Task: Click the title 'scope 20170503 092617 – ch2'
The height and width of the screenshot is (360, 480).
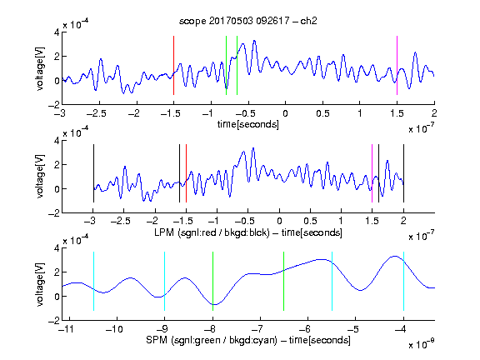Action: pyautogui.click(x=248, y=21)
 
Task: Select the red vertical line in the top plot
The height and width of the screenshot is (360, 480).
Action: pyautogui.click(x=173, y=65)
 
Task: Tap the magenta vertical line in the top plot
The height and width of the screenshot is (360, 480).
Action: pyautogui.click(x=397, y=65)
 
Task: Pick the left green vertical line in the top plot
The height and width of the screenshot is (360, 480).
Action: pyautogui.click(x=226, y=65)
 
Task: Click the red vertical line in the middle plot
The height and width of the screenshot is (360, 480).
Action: pyautogui.click(x=186, y=173)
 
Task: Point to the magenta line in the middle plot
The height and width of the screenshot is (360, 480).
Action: pyautogui.click(x=372, y=173)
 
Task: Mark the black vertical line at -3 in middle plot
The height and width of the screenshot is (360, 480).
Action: pyautogui.click(x=93, y=173)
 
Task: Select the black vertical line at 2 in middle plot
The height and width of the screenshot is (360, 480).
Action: pyautogui.click(x=403, y=173)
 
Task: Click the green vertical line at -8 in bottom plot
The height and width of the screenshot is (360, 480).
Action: pyautogui.click(x=212, y=281)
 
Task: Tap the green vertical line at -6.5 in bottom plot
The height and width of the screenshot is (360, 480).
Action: pyautogui.click(x=284, y=281)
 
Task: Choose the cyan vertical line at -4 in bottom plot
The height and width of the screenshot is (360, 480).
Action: pyautogui.click(x=403, y=281)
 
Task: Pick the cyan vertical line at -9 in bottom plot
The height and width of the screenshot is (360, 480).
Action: pyautogui.click(x=165, y=281)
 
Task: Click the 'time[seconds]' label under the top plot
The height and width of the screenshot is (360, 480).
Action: pyautogui.click(x=248, y=124)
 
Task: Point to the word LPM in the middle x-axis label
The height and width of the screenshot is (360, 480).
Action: pyautogui.click(x=164, y=232)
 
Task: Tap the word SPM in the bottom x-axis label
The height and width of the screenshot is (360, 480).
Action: pyautogui.click(x=157, y=340)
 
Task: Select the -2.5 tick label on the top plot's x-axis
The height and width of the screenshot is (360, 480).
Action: pyautogui.click(x=97, y=113)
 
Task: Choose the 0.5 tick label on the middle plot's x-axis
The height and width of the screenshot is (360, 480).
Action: pyautogui.click(x=310, y=221)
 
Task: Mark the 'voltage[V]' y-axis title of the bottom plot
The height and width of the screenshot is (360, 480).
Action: pyautogui.click(x=40, y=284)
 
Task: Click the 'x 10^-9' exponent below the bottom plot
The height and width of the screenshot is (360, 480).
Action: pyautogui.click(x=422, y=344)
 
